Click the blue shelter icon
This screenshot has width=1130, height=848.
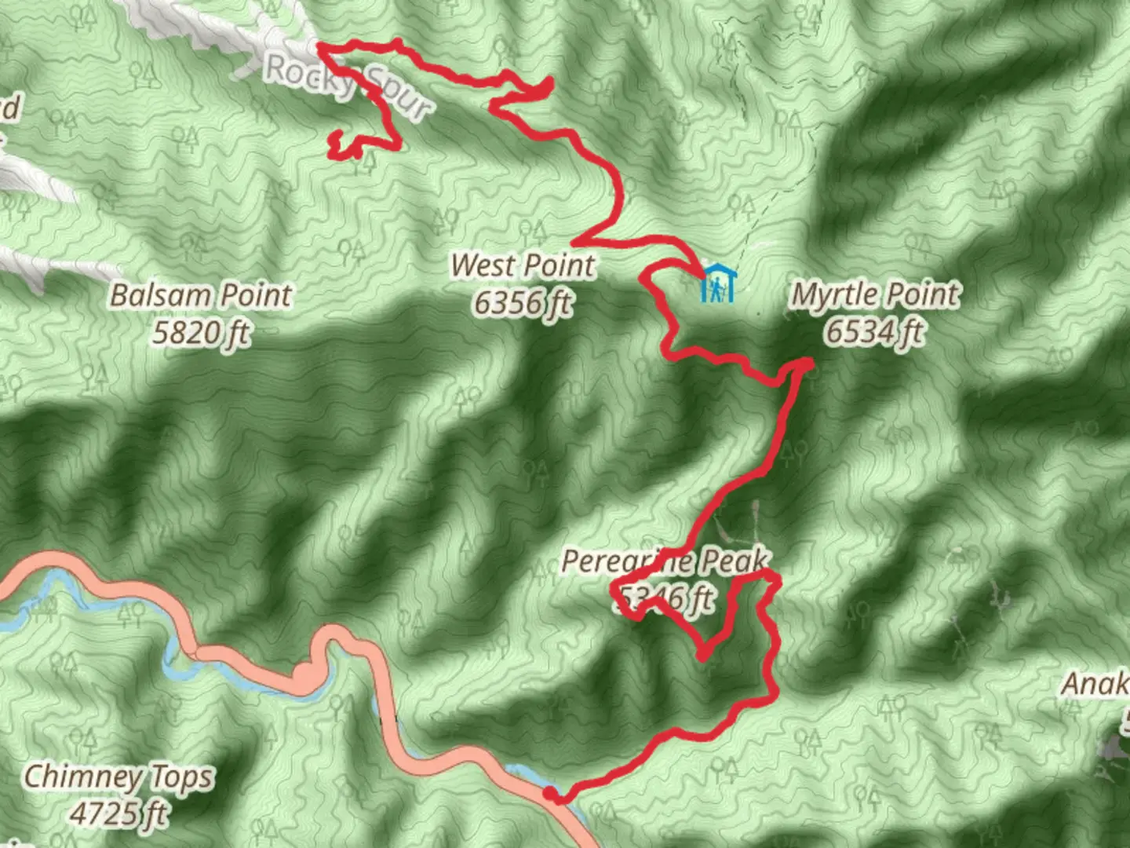(716, 284)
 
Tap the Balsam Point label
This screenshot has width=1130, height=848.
(201, 296)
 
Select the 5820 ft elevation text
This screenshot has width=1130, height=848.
(201, 333)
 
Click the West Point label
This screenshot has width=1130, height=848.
(523, 265)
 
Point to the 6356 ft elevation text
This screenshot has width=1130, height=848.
(523, 302)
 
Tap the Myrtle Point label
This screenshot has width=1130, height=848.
(875, 294)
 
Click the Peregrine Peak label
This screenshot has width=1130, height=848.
(665, 561)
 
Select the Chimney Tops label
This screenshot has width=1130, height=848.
(118, 777)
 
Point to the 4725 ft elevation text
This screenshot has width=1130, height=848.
(118, 813)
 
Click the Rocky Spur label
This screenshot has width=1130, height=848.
(348, 86)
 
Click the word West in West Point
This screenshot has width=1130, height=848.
(482, 265)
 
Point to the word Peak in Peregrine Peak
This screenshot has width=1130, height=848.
(734, 561)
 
